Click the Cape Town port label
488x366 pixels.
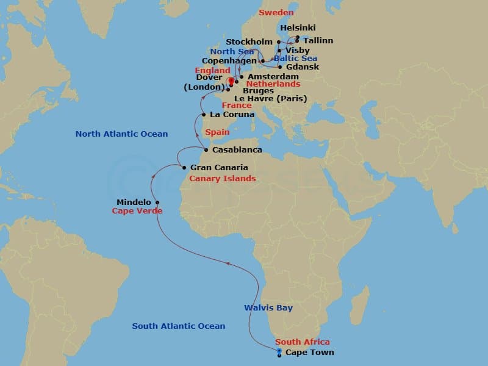[x=309, y=353]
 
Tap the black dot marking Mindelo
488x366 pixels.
[x=157, y=203]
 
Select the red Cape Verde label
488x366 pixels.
[x=137, y=211]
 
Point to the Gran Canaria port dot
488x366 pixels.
[x=184, y=167]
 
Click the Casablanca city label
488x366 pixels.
[x=237, y=150]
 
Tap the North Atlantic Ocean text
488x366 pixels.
[x=121, y=134]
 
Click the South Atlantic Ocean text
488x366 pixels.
[x=179, y=326]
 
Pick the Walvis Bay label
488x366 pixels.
[x=268, y=308]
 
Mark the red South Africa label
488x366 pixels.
[x=303, y=342]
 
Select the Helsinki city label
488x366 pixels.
[x=298, y=29]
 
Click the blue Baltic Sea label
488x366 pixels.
[x=296, y=59]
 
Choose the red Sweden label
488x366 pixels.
[x=276, y=12]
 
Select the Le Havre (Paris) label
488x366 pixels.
[x=270, y=98]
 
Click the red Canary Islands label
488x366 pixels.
[x=223, y=179]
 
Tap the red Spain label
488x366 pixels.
[x=217, y=132]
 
